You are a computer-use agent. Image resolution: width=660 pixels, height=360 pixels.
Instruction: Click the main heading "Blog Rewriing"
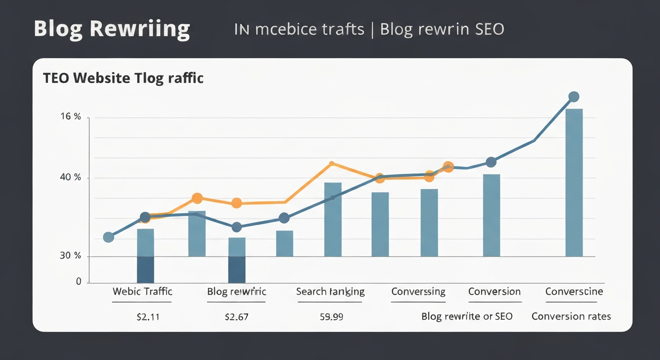point(112,29)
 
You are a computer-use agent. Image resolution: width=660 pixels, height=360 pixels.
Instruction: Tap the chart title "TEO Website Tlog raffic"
point(123,78)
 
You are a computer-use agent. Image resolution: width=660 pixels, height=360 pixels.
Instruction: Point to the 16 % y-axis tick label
point(70,117)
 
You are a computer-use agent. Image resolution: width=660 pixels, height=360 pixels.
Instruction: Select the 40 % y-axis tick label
point(70,178)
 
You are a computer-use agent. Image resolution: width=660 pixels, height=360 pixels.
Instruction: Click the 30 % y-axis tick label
point(70,256)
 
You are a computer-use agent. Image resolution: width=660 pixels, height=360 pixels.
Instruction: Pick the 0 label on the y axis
point(78,281)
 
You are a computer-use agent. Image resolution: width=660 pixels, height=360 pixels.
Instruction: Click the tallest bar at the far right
point(574,183)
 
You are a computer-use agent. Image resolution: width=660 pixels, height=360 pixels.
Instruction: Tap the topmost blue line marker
point(573,97)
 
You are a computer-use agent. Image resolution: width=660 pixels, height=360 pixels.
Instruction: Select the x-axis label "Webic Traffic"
point(142,292)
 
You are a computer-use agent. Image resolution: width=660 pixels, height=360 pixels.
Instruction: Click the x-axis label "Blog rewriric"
point(236,292)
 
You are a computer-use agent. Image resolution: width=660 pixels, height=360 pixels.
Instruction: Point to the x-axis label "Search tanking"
point(330,292)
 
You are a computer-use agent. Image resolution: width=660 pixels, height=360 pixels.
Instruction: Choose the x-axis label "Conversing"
point(418,292)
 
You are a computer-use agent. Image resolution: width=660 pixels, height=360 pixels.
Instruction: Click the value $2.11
point(148,317)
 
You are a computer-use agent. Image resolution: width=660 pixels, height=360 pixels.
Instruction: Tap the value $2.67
point(236,317)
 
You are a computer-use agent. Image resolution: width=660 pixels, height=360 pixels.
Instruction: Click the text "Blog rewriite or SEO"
point(467,316)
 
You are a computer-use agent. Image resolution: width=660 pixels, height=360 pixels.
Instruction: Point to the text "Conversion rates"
point(571,316)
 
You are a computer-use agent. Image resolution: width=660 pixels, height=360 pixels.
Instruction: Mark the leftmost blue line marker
point(108,237)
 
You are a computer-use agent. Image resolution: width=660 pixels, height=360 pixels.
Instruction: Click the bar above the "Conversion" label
point(491,215)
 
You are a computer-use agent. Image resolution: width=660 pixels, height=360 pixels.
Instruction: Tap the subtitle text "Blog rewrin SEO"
point(442,29)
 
